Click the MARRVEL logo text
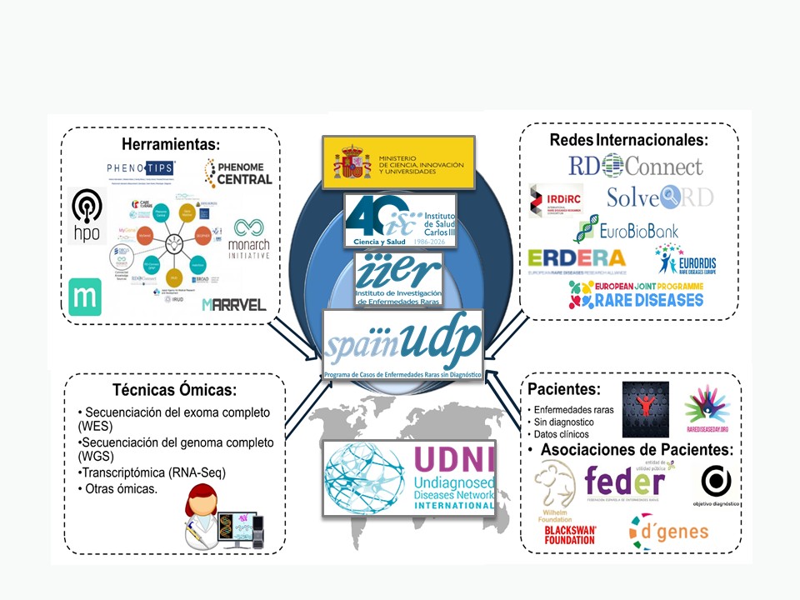(234, 304)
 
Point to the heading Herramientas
(170, 144)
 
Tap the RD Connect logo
(636, 165)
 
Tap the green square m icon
(85, 297)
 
